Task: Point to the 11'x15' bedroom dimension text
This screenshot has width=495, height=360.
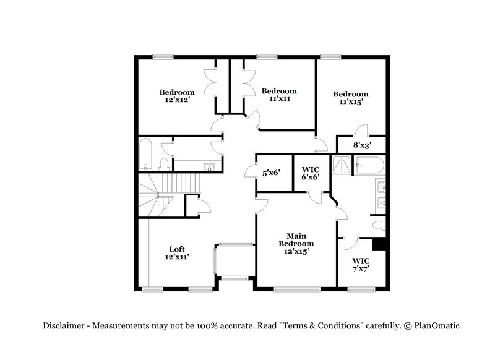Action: click(x=350, y=102)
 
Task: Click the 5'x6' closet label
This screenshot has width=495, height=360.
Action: click(x=271, y=173)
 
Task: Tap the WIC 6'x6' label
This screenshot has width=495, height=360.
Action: click(x=310, y=173)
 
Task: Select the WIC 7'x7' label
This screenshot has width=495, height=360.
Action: click(x=361, y=265)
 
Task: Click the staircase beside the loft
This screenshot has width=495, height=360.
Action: click(x=160, y=194)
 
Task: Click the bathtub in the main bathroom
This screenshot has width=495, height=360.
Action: click(x=370, y=165)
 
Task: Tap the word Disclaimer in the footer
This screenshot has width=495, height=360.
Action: click(x=65, y=326)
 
